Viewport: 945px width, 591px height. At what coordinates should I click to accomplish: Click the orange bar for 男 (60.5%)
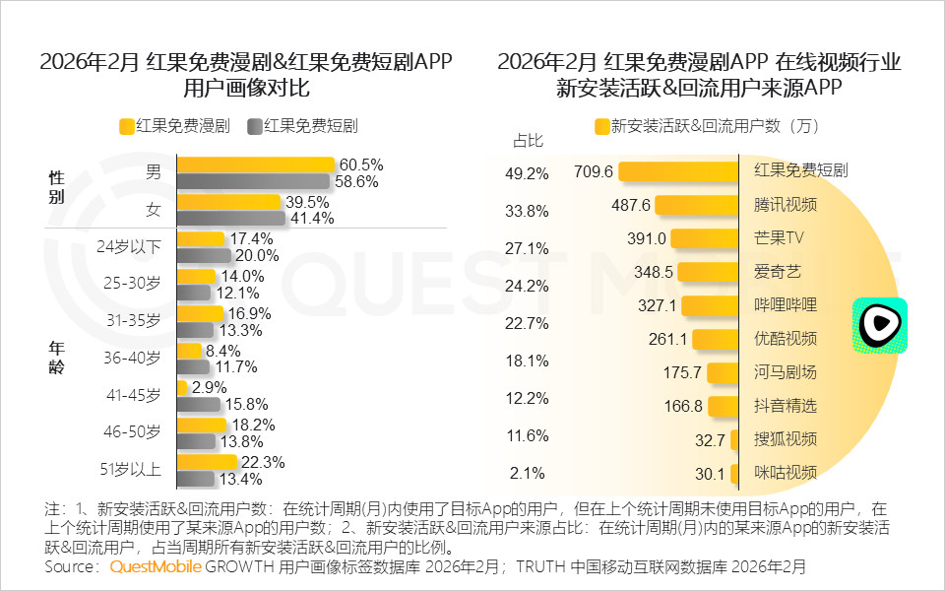pyautogui.click(x=255, y=165)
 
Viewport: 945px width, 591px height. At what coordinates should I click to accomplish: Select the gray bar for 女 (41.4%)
pyautogui.click(x=230, y=218)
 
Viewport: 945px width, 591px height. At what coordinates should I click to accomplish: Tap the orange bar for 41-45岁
pyautogui.click(x=182, y=388)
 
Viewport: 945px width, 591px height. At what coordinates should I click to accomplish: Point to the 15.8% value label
pyautogui.click(x=246, y=405)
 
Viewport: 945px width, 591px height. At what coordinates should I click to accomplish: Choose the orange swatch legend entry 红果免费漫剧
pyautogui.click(x=174, y=126)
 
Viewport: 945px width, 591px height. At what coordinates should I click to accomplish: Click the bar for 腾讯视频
pyautogui.click(x=696, y=205)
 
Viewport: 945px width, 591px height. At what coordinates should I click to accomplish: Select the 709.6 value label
pyautogui.click(x=594, y=171)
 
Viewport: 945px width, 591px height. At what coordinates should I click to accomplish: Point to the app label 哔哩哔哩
pyautogui.click(x=786, y=304)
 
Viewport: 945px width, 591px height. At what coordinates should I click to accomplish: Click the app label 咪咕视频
pyautogui.click(x=786, y=473)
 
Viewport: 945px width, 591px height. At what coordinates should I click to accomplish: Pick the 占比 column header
pyautogui.click(x=528, y=140)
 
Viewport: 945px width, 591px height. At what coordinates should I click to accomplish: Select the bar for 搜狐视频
pyautogui.click(x=734, y=439)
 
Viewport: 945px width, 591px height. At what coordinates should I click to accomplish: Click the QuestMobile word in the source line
pyautogui.click(x=156, y=567)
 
